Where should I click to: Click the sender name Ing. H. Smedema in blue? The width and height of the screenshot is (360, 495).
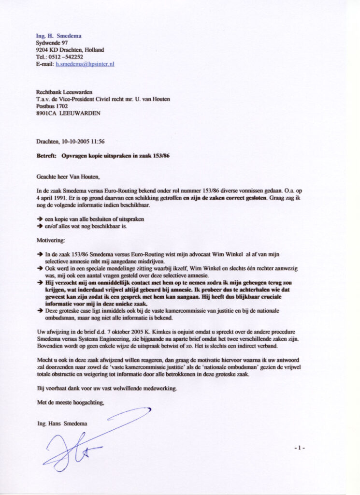[58, 36]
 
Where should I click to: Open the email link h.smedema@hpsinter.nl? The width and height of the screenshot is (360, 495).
[85, 63]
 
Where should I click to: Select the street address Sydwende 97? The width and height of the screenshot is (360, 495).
[52, 43]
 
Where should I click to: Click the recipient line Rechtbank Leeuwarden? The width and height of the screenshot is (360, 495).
[64, 92]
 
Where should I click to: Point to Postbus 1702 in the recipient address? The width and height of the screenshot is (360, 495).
[52, 106]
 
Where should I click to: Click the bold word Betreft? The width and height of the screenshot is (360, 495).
[46, 156]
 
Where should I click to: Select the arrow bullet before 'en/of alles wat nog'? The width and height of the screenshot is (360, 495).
[40, 226]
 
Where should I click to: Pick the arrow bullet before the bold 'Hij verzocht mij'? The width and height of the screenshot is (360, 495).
[40, 282]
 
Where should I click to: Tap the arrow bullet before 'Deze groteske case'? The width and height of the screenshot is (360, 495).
[40, 310]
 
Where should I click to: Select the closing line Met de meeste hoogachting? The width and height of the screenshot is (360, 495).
[71, 402]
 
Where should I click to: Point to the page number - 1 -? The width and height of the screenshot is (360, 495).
[300, 448]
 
